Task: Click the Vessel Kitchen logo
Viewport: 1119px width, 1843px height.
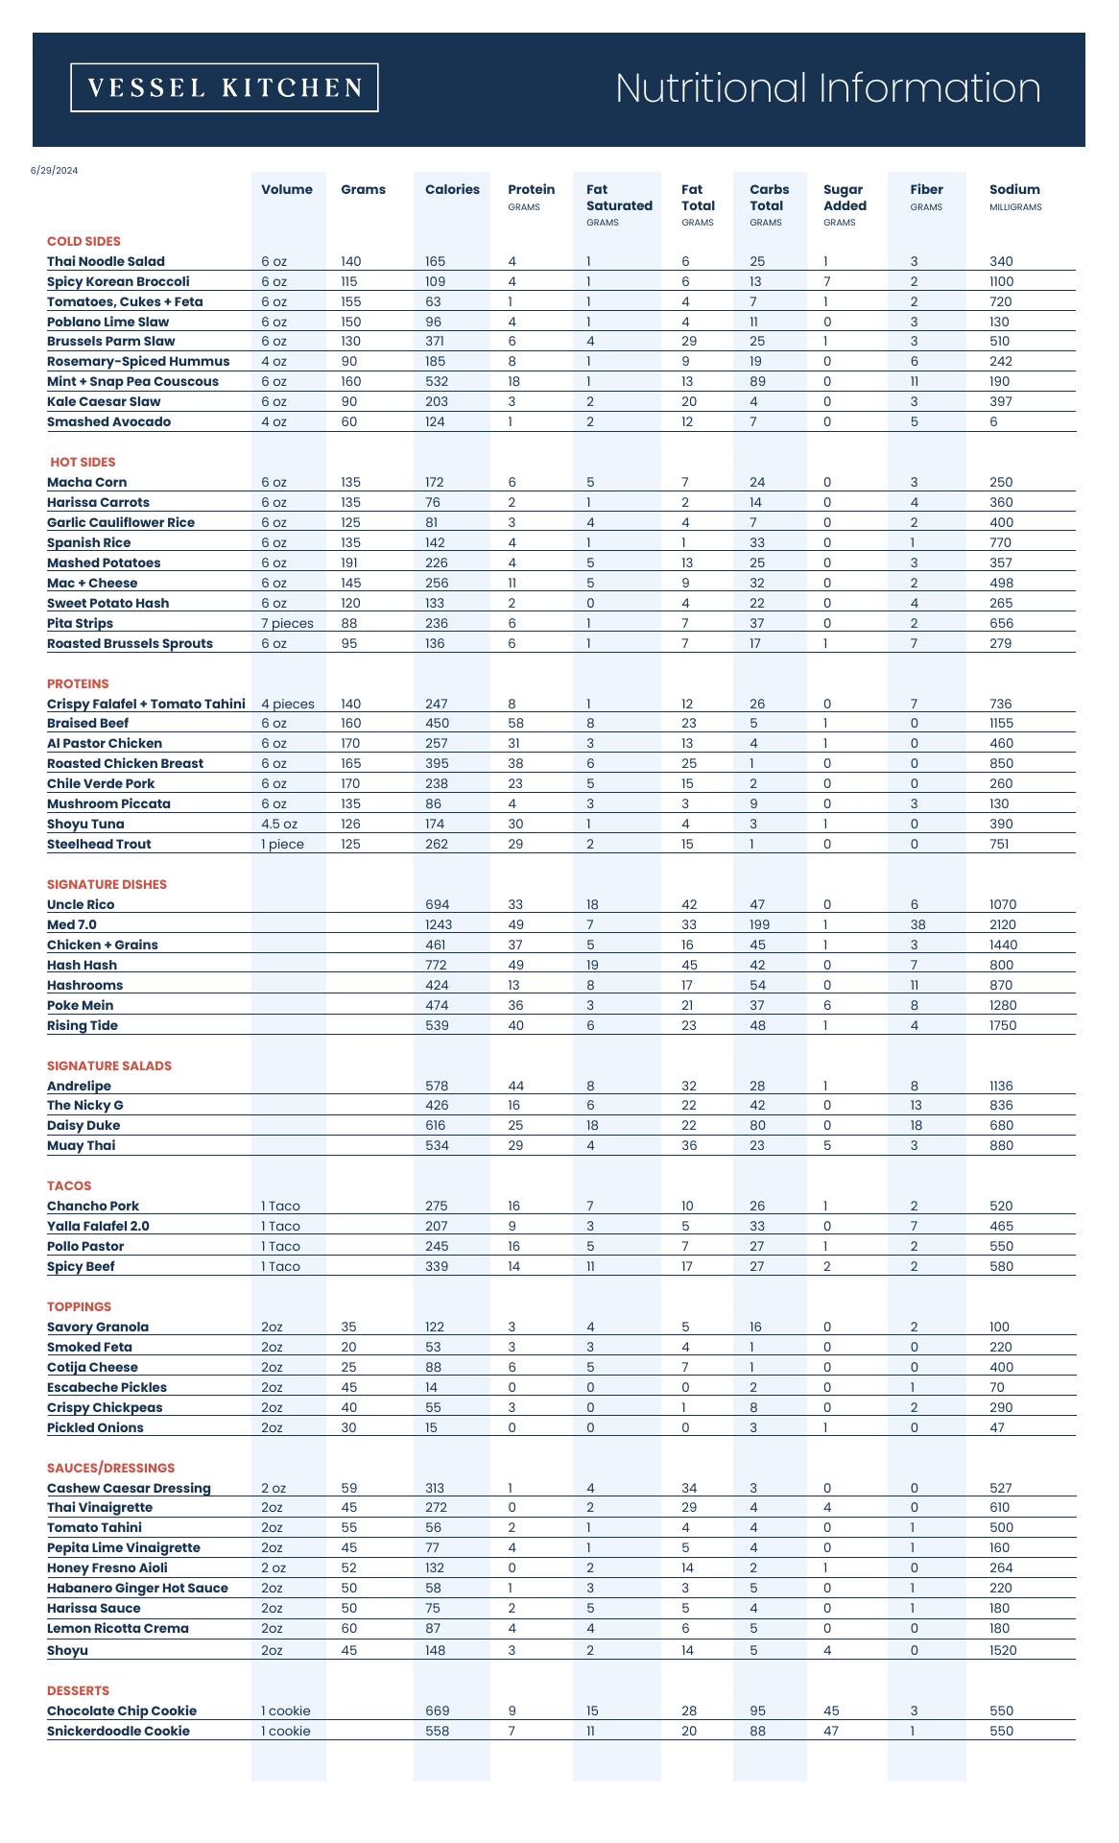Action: pyautogui.click(x=225, y=87)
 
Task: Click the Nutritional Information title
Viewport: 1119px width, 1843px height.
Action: pyautogui.click(x=827, y=87)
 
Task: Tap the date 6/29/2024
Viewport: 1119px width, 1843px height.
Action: pyautogui.click(x=54, y=171)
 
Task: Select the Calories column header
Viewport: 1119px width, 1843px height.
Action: pyautogui.click(x=452, y=189)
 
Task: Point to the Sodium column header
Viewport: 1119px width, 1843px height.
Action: pyautogui.click(x=1014, y=189)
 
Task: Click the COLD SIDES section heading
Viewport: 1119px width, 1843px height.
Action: pyautogui.click(x=83, y=241)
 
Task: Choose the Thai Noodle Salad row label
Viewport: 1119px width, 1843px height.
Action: pyautogui.click(x=106, y=261)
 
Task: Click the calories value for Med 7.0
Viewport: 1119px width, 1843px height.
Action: pyautogui.click(x=439, y=924)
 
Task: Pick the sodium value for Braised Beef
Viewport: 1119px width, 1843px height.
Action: pyautogui.click(x=1002, y=723)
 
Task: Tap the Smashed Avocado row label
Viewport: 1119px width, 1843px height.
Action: pyautogui.click(x=108, y=421)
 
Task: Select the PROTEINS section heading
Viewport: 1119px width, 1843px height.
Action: pyautogui.click(x=78, y=683)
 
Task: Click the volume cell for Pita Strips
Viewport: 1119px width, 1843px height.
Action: pyautogui.click(x=287, y=623)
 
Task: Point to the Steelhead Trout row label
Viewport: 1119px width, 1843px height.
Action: pyautogui.click(x=99, y=844)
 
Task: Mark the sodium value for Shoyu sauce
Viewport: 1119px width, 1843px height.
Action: pyautogui.click(x=1003, y=1650)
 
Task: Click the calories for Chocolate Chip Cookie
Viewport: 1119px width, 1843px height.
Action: pyautogui.click(x=437, y=1711)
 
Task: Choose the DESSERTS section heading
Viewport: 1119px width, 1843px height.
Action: pyautogui.click(x=78, y=1690)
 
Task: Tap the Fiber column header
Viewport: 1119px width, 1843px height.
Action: pyautogui.click(x=926, y=189)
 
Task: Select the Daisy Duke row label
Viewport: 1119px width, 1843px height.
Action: pyautogui.click(x=83, y=1125)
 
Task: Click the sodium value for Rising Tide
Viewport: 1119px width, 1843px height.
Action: pyautogui.click(x=1003, y=1025)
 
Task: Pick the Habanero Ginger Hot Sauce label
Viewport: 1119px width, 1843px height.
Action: pyautogui.click(x=137, y=1588)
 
